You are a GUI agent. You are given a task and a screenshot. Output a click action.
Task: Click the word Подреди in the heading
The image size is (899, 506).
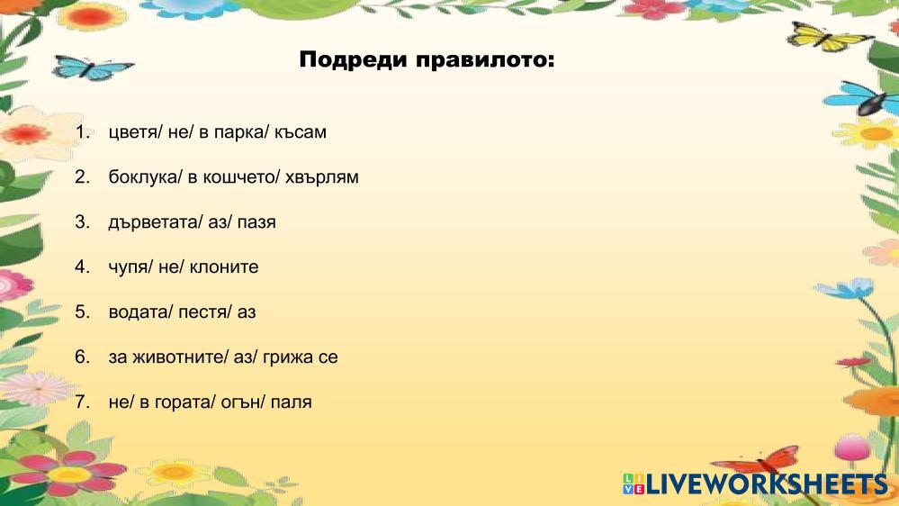point(353,60)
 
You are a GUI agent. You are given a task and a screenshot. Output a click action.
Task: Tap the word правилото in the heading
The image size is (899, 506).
point(485,60)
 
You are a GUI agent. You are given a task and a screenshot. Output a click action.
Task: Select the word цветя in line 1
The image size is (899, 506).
point(133,132)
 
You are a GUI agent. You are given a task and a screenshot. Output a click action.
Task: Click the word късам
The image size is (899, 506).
point(301,132)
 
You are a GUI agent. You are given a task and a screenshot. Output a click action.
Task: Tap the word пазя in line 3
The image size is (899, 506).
point(256,222)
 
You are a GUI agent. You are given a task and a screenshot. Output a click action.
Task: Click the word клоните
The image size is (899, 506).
point(223,267)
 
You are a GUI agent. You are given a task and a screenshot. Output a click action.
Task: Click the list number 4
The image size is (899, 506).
point(83,267)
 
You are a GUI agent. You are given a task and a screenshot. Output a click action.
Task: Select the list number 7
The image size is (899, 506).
point(83,402)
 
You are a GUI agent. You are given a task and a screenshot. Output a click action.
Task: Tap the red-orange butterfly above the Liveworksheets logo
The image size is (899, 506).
point(758,459)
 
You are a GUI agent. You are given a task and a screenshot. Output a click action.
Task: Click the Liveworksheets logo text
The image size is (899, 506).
point(767,484)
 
